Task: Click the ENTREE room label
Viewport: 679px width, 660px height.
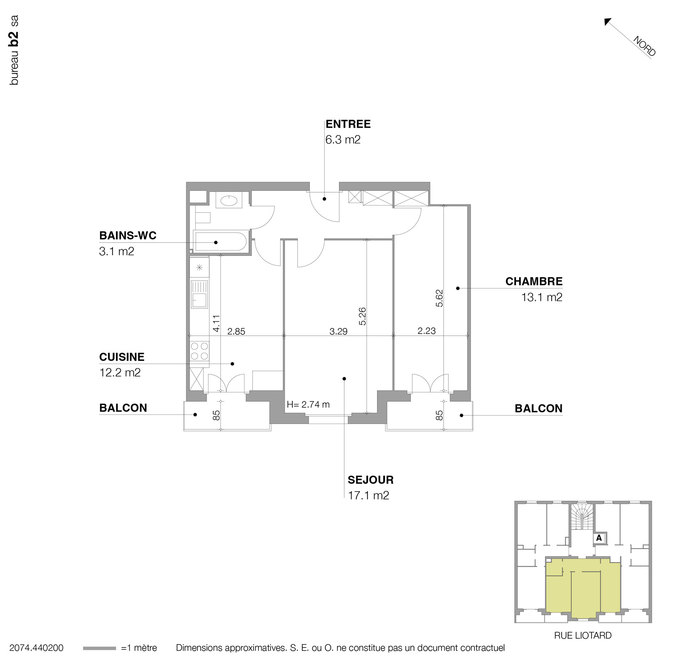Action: coord(348,124)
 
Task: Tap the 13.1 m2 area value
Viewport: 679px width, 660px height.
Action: coord(542,297)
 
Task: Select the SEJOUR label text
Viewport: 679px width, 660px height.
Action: coord(370,480)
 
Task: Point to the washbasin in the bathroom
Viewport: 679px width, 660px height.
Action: coord(228,201)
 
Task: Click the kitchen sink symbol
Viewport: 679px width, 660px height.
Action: coord(199,294)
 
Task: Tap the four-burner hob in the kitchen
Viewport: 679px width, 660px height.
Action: coord(199,351)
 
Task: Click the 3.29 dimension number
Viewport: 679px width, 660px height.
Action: coord(338,332)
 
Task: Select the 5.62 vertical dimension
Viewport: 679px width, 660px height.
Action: coord(439,298)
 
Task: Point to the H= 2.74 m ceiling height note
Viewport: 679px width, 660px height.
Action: coord(308,404)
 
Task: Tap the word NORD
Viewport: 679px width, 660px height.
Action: coord(644,46)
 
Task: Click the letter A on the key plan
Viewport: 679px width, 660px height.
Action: coord(599,538)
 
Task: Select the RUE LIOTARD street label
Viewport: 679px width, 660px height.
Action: coord(582,635)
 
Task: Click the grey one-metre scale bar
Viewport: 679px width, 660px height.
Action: coord(99,648)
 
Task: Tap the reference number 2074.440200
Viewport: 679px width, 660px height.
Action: coord(36,648)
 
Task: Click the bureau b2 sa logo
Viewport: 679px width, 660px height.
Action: coord(14,50)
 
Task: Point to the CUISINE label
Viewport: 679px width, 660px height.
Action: coord(122,357)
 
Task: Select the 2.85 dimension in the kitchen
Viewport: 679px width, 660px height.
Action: coord(236,332)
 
